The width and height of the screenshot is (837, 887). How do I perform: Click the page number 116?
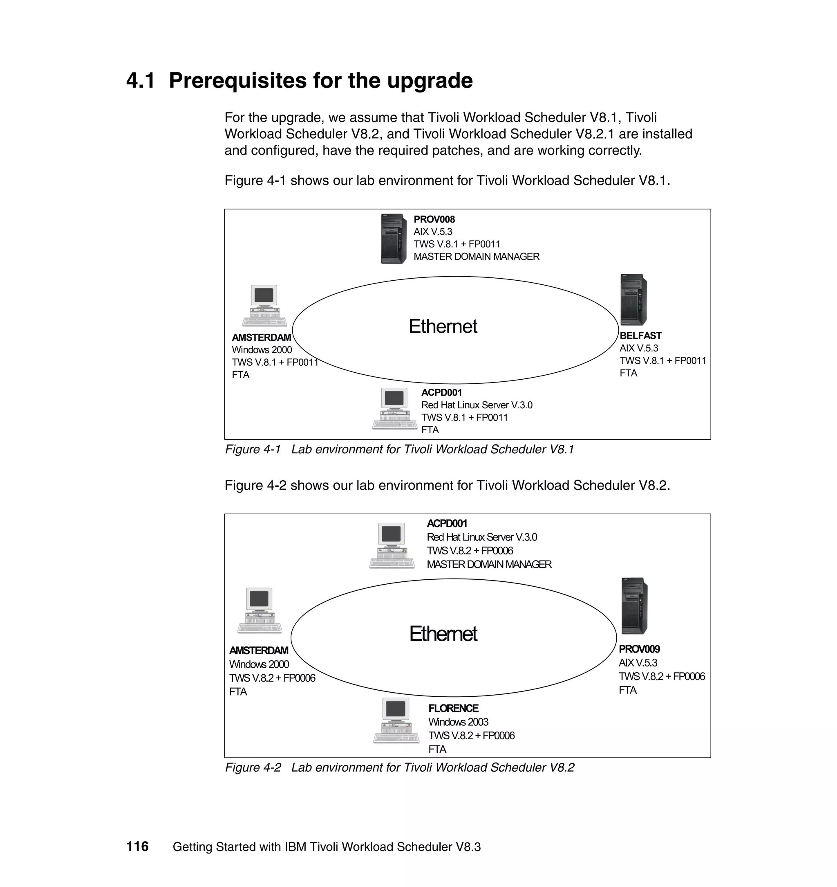pyautogui.click(x=137, y=846)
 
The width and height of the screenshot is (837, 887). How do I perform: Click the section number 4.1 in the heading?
pyautogui.click(x=141, y=81)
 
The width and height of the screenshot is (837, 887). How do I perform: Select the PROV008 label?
pyautogui.click(x=434, y=219)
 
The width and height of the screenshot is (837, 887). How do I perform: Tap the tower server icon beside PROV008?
pyautogui.click(x=394, y=239)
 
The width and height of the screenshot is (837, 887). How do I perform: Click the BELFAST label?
pyautogui.click(x=640, y=335)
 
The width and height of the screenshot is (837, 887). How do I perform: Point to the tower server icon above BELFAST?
pyautogui.click(x=633, y=299)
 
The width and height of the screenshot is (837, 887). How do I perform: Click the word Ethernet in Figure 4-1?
pyautogui.click(x=443, y=326)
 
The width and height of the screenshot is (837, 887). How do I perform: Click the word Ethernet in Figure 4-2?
pyautogui.click(x=443, y=634)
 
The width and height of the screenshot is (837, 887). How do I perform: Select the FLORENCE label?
pyautogui.click(x=453, y=708)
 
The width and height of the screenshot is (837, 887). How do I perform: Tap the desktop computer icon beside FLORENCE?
pyautogui.click(x=396, y=720)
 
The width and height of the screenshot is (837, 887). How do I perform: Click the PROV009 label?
pyautogui.click(x=639, y=649)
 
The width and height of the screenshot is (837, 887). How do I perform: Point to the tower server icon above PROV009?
pyautogui.click(x=634, y=606)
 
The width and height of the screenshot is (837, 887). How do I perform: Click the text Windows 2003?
pyautogui.click(x=458, y=722)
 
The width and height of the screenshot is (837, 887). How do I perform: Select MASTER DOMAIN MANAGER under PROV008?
pyautogui.click(x=476, y=257)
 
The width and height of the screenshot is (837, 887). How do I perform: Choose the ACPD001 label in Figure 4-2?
pyautogui.click(x=447, y=523)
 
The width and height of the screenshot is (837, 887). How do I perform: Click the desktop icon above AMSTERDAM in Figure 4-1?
pyautogui.click(x=264, y=306)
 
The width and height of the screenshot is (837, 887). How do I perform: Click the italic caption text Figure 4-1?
pyautogui.click(x=253, y=449)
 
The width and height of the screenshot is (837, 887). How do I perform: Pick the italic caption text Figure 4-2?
pyautogui.click(x=253, y=767)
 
